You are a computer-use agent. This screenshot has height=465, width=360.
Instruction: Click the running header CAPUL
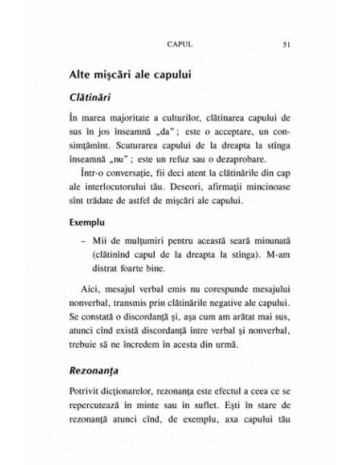pyautogui.click(x=179, y=44)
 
